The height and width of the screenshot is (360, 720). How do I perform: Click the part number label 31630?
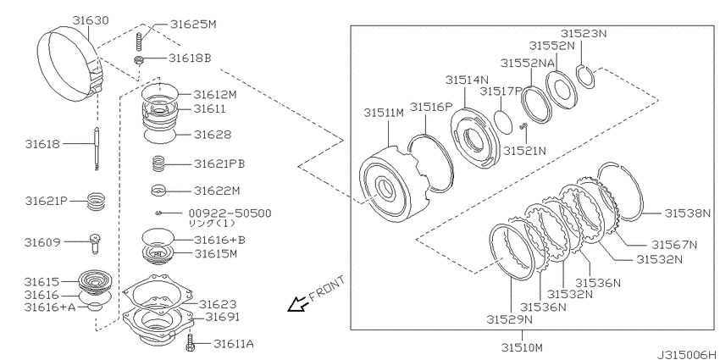pyautogui.click(x=91, y=20)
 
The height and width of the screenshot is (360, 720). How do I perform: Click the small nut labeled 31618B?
pyautogui.click(x=139, y=59)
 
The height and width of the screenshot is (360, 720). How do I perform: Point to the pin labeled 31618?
pyautogui.click(x=97, y=149)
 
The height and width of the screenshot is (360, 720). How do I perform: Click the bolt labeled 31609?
pyautogui.click(x=96, y=243)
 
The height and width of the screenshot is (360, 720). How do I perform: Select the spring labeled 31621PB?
pyautogui.click(x=158, y=164)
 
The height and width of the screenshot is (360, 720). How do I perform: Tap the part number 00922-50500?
pyautogui.click(x=230, y=213)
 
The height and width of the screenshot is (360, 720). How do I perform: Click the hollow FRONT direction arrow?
pyautogui.click(x=297, y=304)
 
